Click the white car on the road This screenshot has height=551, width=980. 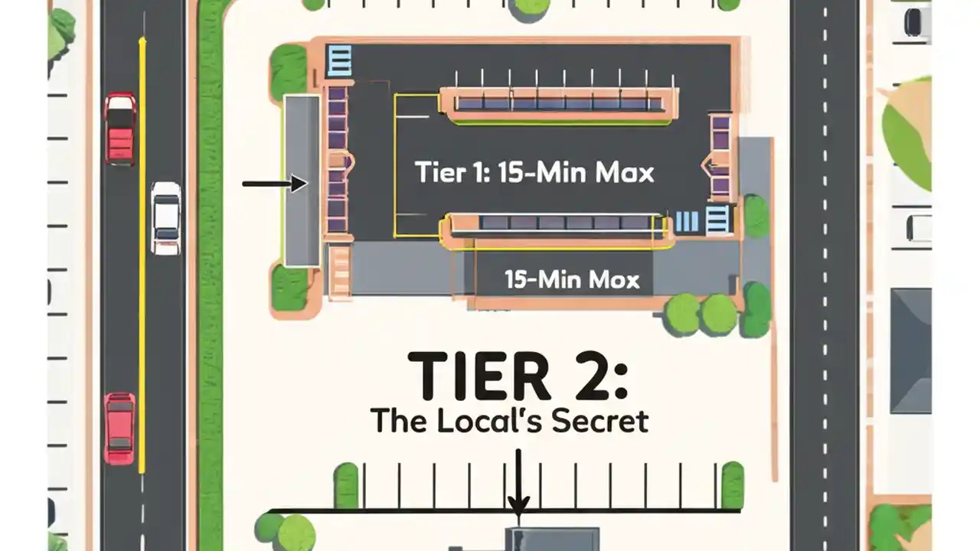[165, 217]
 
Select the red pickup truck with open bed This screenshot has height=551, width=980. [120, 128]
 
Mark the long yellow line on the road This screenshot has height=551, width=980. [142, 253]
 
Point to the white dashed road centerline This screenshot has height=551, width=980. [825, 275]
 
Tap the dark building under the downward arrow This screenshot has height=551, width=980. [551, 539]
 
